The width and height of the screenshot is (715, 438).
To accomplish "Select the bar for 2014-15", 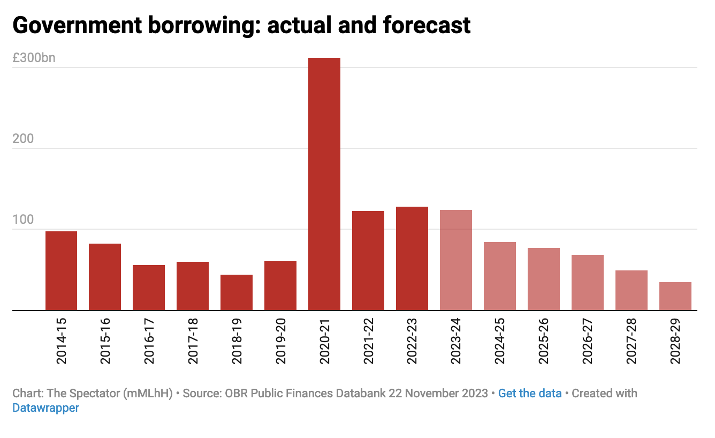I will click(61, 270).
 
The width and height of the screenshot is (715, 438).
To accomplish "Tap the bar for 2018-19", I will click(237, 292).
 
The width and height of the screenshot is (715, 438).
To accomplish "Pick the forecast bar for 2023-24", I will click(456, 260).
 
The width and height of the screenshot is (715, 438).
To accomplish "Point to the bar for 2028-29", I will click(675, 296).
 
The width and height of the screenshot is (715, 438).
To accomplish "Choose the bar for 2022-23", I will click(412, 258).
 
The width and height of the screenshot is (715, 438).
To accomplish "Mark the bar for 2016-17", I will click(149, 288).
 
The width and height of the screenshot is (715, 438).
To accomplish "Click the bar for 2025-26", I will click(544, 279).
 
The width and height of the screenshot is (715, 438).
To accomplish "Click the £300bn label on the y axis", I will click(34, 58).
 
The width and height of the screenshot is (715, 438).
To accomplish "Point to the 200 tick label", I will click(23, 139).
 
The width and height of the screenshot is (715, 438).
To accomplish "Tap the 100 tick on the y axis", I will click(23, 220).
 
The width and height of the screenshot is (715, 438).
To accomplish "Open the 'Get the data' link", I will click(530, 394).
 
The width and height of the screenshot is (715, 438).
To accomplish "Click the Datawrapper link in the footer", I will click(45, 408).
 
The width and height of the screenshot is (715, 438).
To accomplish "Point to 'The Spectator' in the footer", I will click(83, 394).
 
